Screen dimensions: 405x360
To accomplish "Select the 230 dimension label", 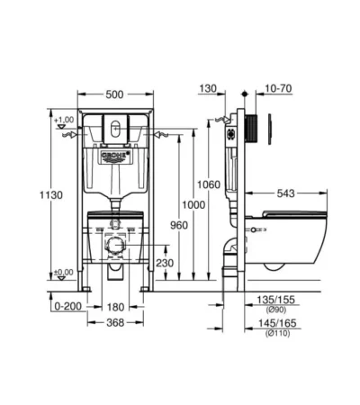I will pos(165,263).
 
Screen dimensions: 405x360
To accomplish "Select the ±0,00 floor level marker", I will pos(64,271).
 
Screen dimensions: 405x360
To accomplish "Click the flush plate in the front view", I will pos(112,128).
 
